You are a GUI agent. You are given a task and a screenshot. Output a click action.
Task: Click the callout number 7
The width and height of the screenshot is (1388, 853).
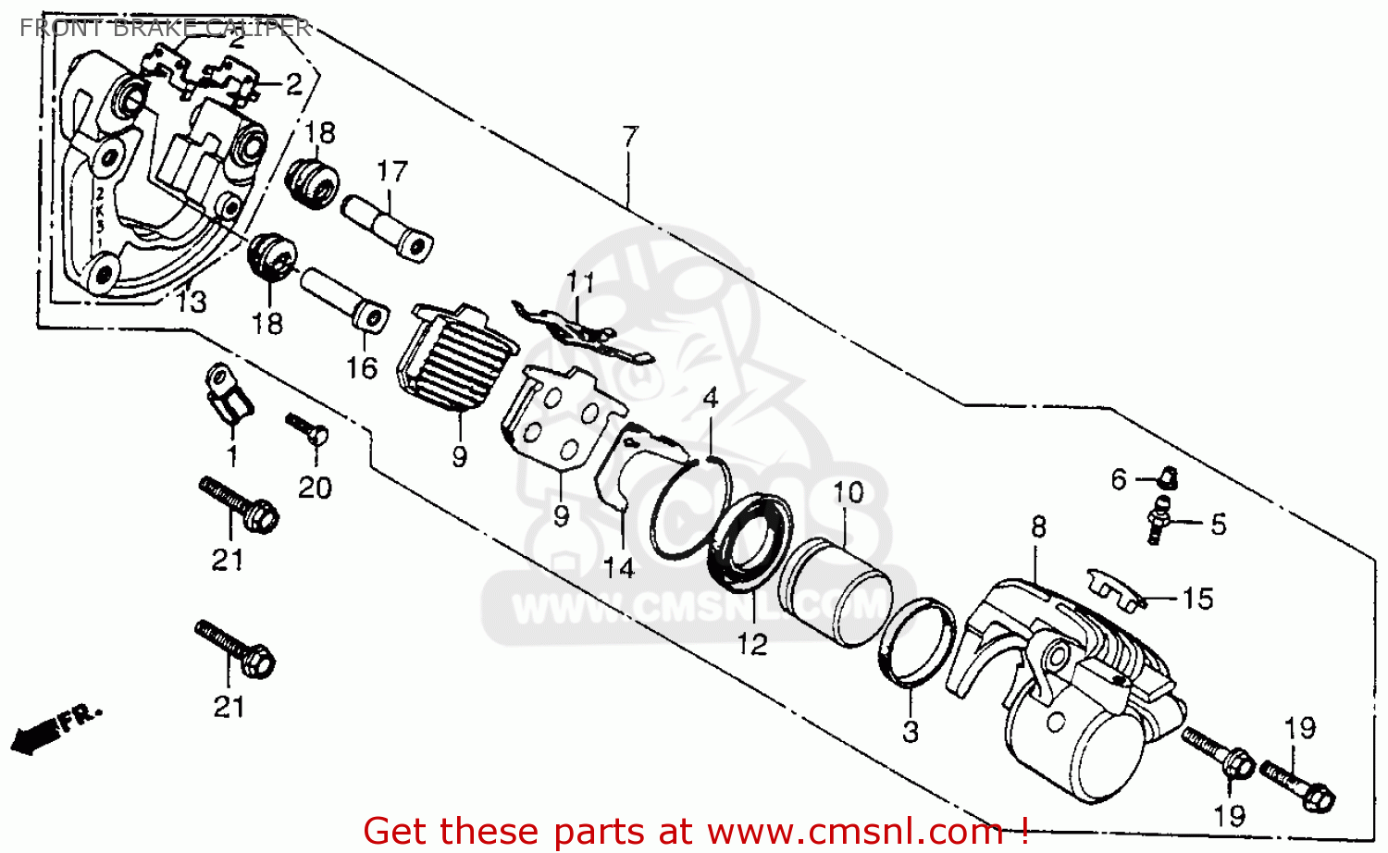(x=630, y=137)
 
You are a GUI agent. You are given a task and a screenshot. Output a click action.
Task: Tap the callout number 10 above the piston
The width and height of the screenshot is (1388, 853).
(x=848, y=492)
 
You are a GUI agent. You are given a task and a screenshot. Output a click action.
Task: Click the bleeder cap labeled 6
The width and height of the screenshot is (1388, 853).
(x=1167, y=477)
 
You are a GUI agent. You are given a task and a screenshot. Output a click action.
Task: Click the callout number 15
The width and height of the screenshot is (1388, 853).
(x=1197, y=599)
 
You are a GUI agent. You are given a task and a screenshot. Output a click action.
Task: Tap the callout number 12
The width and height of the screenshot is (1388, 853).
(x=752, y=644)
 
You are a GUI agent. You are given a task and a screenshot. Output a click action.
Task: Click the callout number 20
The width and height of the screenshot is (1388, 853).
(x=315, y=488)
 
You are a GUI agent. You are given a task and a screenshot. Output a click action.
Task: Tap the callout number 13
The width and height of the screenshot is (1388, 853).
(x=192, y=302)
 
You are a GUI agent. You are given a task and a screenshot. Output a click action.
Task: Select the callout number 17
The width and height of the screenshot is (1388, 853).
(x=392, y=172)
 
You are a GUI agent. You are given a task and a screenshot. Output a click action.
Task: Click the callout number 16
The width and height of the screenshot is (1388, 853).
(x=362, y=368)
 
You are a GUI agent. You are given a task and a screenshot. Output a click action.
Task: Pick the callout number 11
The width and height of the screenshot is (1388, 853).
(x=581, y=281)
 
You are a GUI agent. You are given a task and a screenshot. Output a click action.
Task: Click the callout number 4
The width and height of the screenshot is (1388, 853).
(x=711, y=399)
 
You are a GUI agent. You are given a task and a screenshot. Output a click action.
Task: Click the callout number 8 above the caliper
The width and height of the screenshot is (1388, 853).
(x=1038, y=527)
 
